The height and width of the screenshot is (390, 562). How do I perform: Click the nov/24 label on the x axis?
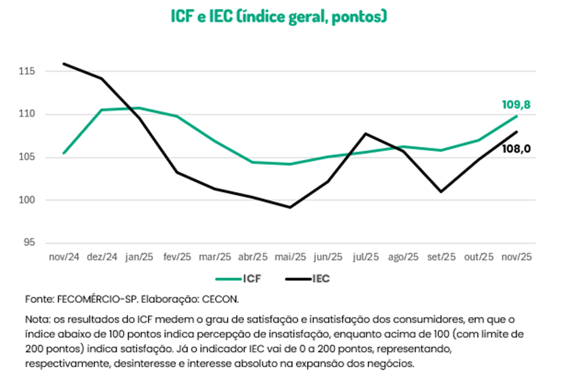(64, 257)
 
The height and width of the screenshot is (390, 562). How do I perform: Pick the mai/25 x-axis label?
(291, 257)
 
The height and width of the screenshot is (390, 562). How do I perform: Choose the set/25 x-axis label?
(441, 257)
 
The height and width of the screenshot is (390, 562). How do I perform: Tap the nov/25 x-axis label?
(516, 257)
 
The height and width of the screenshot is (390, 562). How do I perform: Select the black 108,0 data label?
(517, 149)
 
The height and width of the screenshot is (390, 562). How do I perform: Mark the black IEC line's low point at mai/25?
(291, 207)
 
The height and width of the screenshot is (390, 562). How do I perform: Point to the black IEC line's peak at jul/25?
(365, 133)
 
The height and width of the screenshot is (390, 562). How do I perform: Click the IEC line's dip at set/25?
(441, 192)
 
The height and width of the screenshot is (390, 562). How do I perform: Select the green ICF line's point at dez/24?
(101, 110)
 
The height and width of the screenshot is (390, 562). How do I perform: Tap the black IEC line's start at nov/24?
(64, 63)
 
